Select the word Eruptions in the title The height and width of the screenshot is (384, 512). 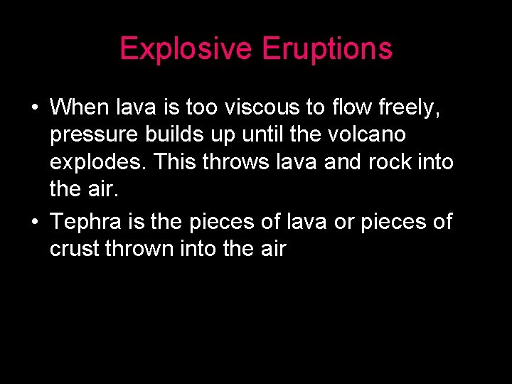[x=327, y=49]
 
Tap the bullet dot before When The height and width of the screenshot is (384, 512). [x=34, y=107]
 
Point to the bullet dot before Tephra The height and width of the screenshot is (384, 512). [x=34, y=222]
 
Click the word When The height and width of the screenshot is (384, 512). [x=80, y=107]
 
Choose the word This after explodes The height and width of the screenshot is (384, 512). [x=176, y=162]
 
